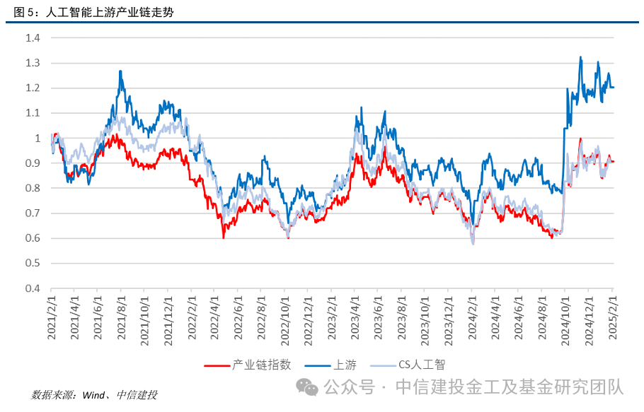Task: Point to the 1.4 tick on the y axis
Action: coord(32,38)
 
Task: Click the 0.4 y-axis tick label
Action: coord(32,288)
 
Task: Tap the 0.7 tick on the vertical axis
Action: coord(32,213)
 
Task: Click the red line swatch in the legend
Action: coord(217,365)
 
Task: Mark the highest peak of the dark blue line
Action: coord(580,58)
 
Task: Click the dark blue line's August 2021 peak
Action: coord(120,71)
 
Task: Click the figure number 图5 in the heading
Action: coord(24,13)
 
